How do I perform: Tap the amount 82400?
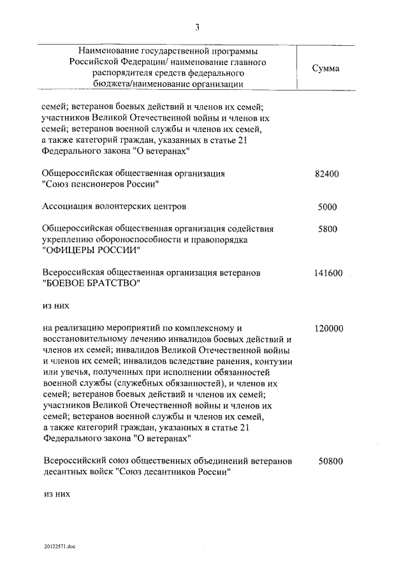point(329,173)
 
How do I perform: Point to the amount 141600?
point(329,273)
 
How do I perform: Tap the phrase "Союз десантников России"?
point(173,472)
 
